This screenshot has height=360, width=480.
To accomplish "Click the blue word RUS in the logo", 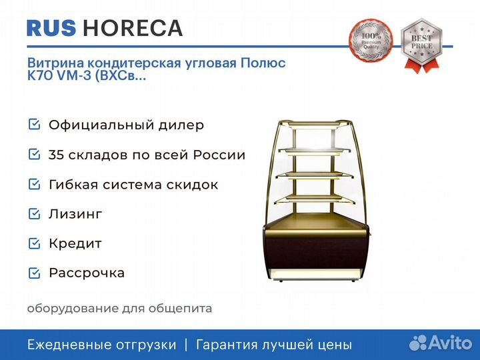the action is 51,28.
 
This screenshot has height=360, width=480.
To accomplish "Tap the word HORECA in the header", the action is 133,28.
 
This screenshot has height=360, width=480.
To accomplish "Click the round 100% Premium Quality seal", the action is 371,41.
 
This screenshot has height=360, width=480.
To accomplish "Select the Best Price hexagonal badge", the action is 422,45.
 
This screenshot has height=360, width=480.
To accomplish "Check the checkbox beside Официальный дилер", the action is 34,125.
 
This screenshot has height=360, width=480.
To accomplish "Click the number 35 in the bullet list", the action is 55,155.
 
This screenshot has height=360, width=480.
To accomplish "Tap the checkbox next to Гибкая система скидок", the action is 34,184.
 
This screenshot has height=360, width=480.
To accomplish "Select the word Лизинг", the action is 75,214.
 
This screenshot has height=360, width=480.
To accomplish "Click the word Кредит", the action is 75,244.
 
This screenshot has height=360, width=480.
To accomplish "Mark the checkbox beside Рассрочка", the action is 34,273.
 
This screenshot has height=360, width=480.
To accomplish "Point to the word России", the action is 219,155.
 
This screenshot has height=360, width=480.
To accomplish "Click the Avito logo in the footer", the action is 441,343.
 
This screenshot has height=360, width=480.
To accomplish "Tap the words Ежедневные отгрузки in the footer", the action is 101,345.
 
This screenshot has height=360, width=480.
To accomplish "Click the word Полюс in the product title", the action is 263,63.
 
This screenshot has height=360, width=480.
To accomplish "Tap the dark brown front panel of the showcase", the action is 315,253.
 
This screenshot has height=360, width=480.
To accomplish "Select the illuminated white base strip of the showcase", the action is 315,273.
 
